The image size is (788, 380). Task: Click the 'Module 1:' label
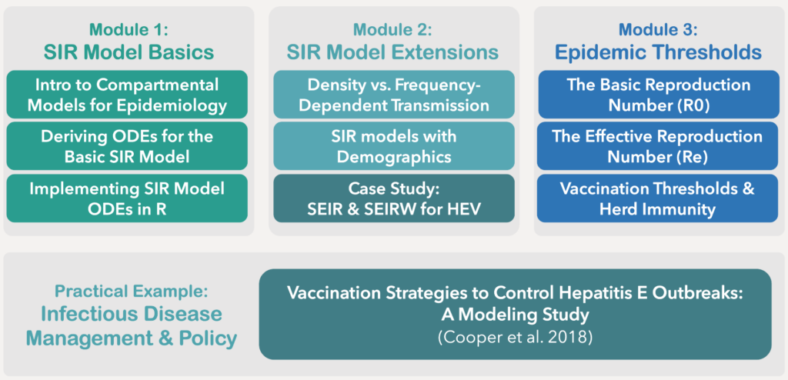[129, 30]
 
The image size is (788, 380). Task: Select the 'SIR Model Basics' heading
[129, 53]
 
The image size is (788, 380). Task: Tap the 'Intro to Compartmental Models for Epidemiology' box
[126, 95]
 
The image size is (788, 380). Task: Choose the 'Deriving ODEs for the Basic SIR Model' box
[126, 146]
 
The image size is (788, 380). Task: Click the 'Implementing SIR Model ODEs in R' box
[126, 198]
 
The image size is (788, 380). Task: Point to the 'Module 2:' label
[392, 30]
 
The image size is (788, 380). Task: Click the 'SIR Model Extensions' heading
[392, 53]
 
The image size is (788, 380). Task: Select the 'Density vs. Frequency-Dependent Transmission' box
[392, 95]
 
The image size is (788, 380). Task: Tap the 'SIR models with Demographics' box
[392, 146]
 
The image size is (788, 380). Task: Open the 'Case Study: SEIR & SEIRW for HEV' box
[392, 198]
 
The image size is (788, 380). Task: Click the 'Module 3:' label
[657, 30]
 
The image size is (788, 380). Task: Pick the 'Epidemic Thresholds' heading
[657, 53]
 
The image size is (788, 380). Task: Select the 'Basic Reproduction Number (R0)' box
[657, 95]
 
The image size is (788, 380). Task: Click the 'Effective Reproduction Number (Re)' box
[657, 146]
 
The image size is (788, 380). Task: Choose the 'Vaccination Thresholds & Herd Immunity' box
[657, 198]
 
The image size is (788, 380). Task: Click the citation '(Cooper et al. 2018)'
[515, 338]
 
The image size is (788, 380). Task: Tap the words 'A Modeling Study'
[515, 315]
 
